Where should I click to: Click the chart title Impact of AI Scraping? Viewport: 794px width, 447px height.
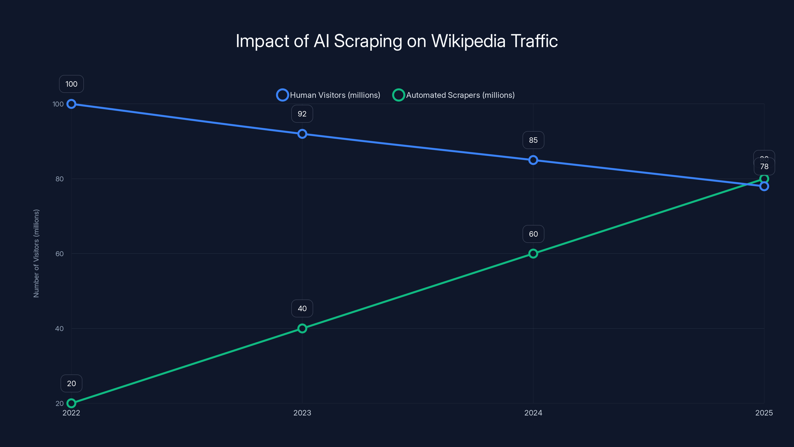[397, 41]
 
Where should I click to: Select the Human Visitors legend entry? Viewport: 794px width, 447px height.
[329, 95]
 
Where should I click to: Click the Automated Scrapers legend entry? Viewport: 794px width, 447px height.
[454, 95]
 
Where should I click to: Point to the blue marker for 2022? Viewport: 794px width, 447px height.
[71, 104]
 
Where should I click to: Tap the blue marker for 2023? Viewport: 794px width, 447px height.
[302, 134]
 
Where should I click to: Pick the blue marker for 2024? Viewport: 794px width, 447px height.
[533, 160]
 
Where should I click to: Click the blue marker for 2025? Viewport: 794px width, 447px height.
[764, 186]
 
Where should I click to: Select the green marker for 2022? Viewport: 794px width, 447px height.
[71, 403]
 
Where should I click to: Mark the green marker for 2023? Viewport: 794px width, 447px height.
[302, 329]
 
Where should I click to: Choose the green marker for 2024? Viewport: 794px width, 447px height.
[533, 254]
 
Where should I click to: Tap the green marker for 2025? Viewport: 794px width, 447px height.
[764, 179]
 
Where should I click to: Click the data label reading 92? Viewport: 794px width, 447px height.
[302, 114]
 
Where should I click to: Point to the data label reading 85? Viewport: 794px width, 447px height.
[533, 140]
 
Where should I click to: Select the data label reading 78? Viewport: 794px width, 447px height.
[764, 167]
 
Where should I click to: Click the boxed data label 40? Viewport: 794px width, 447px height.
[302, 308]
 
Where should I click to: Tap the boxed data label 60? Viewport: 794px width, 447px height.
[533, 234]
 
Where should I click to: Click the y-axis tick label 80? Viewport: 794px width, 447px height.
[60, 179]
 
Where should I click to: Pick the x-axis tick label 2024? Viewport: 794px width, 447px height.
[533, 413]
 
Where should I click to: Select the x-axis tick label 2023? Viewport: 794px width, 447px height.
[302, 413]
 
